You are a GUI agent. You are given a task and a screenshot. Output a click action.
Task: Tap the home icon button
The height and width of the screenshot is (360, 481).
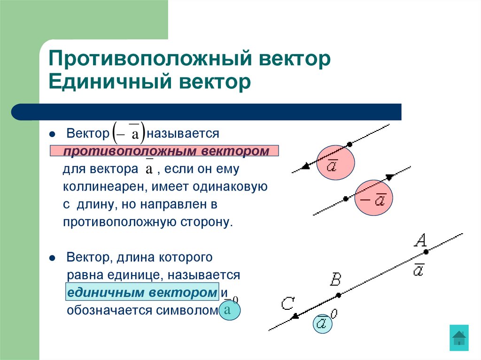[458, 337]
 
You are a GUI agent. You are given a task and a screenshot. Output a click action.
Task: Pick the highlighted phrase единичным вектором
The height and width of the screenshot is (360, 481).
[142, 292]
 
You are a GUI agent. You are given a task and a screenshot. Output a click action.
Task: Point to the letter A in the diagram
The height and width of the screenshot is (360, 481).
[420, 241]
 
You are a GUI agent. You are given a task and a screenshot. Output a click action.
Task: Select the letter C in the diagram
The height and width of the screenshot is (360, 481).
[287, 304]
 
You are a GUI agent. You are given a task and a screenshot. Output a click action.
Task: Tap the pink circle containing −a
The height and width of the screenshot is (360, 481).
[373, 199]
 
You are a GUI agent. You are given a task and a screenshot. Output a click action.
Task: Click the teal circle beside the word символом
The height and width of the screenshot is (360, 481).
[229, 310]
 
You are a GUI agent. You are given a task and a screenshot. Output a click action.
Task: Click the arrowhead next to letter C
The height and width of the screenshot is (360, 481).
[295, 316]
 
